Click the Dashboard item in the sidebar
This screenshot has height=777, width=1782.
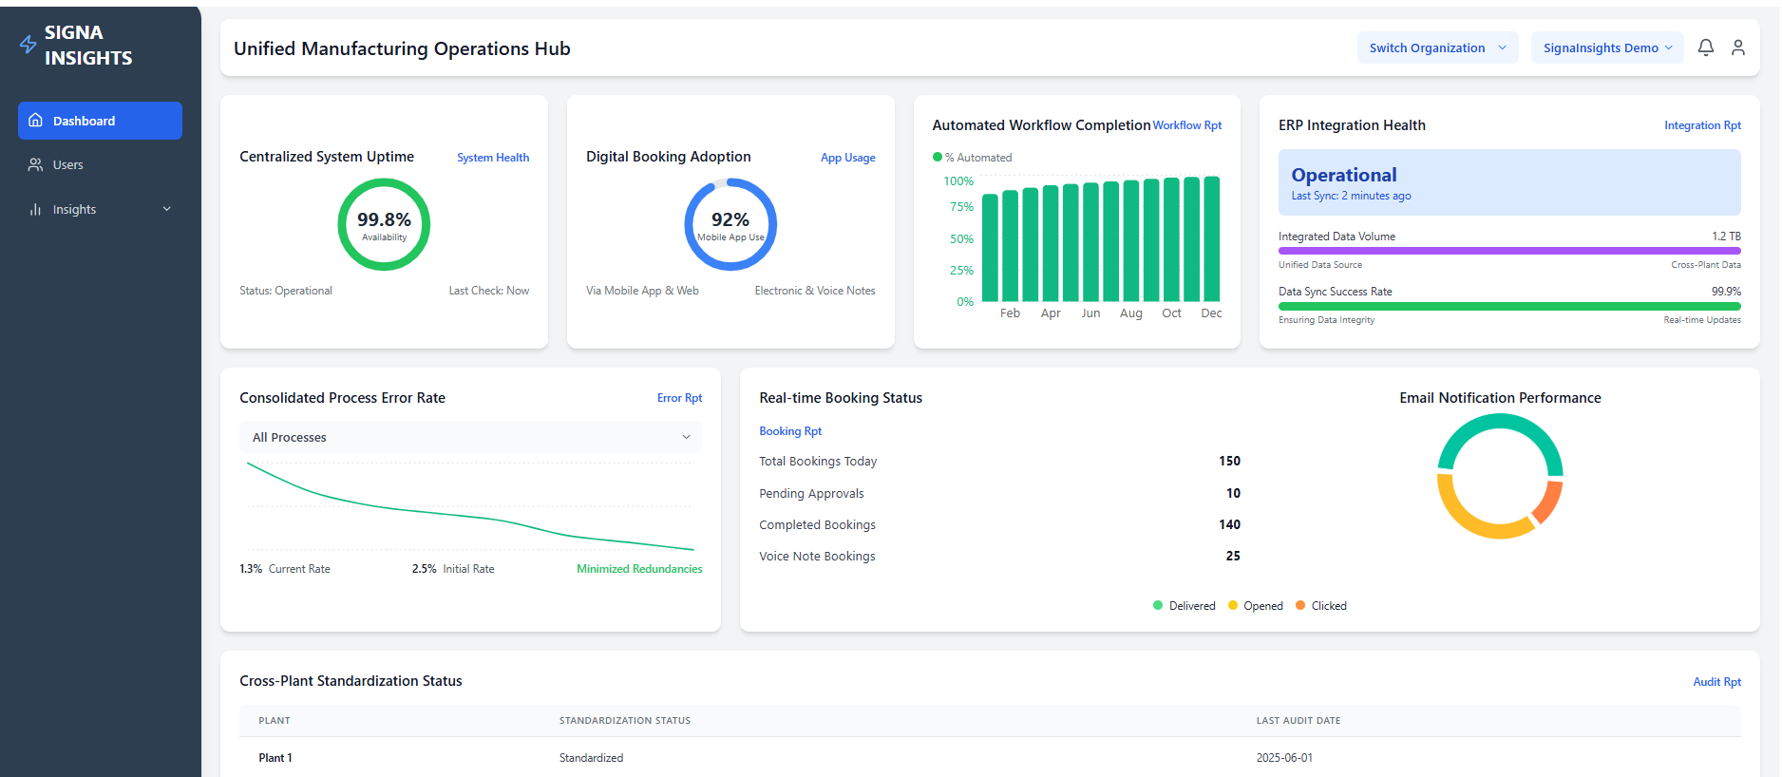click(x=100, y=121)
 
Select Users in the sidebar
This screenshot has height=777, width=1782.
click(x=67, y=165)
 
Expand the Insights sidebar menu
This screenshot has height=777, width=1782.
click(x=100, y=209)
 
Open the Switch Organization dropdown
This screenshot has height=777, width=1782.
click(x=1436, y=47)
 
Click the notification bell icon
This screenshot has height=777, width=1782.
click(x=1706, y=47)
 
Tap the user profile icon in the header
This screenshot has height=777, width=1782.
click(x=1738, y=47)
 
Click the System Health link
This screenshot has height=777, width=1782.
click(x=493, y=158)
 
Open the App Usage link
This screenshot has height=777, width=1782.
click(x=847, y=158)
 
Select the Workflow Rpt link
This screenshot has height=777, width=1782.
click(x=1187, y=125)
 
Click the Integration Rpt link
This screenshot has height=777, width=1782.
click(x=1702, y=125)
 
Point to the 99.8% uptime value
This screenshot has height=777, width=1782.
click(x=384, y=219)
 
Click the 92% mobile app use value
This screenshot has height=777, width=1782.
click(x=730, y=219)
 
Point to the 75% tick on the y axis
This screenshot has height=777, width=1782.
click(x=961, y=207)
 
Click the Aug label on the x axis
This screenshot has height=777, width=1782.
click(x=1130, y=313)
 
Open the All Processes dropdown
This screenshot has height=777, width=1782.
click(x=470, y=437)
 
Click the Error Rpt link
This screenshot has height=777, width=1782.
click(x=679, y=398)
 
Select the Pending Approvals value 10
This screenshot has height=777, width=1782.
click(x=1233, y=493)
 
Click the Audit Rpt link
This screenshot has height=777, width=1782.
click(x=1716, y=682)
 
